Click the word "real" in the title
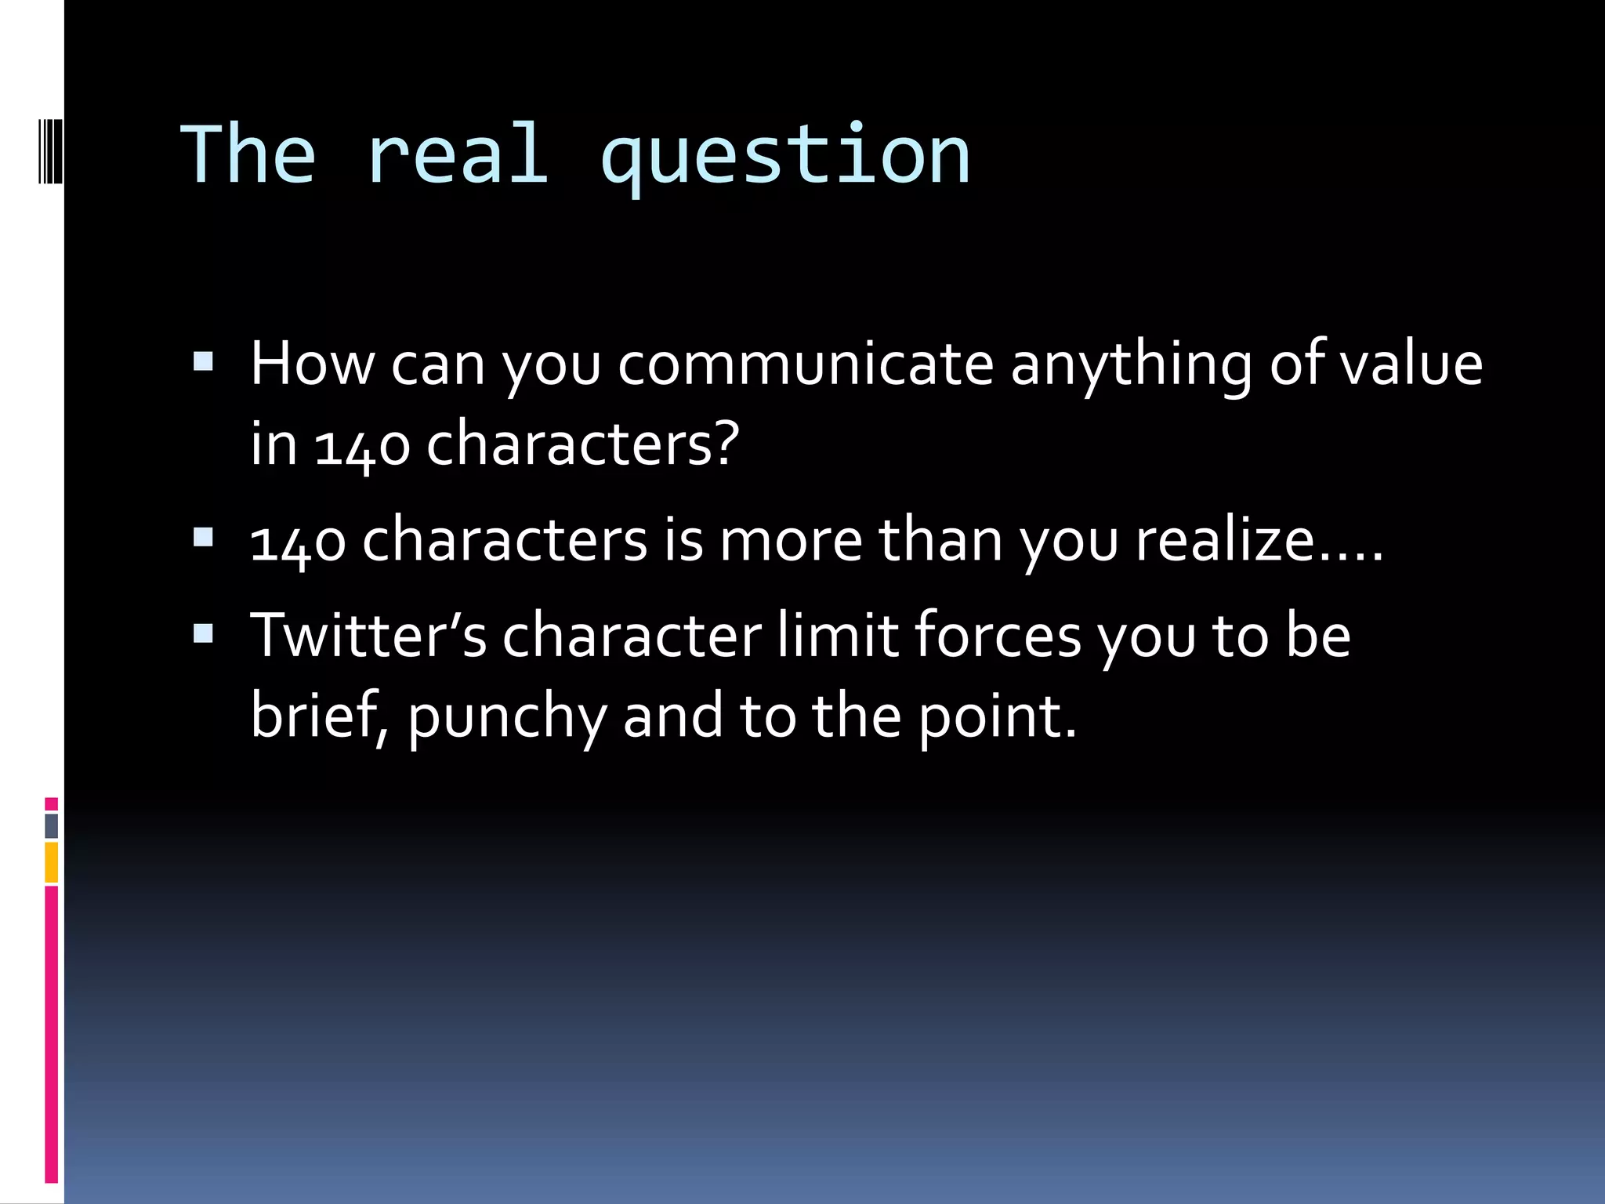point(457,156)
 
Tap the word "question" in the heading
point(785,159)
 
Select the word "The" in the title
point(248,156)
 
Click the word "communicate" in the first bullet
point(806,364)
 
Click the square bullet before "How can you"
point(203,361)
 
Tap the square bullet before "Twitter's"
point(203,633)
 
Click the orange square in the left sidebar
point(52,862)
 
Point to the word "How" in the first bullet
point(313,364)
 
